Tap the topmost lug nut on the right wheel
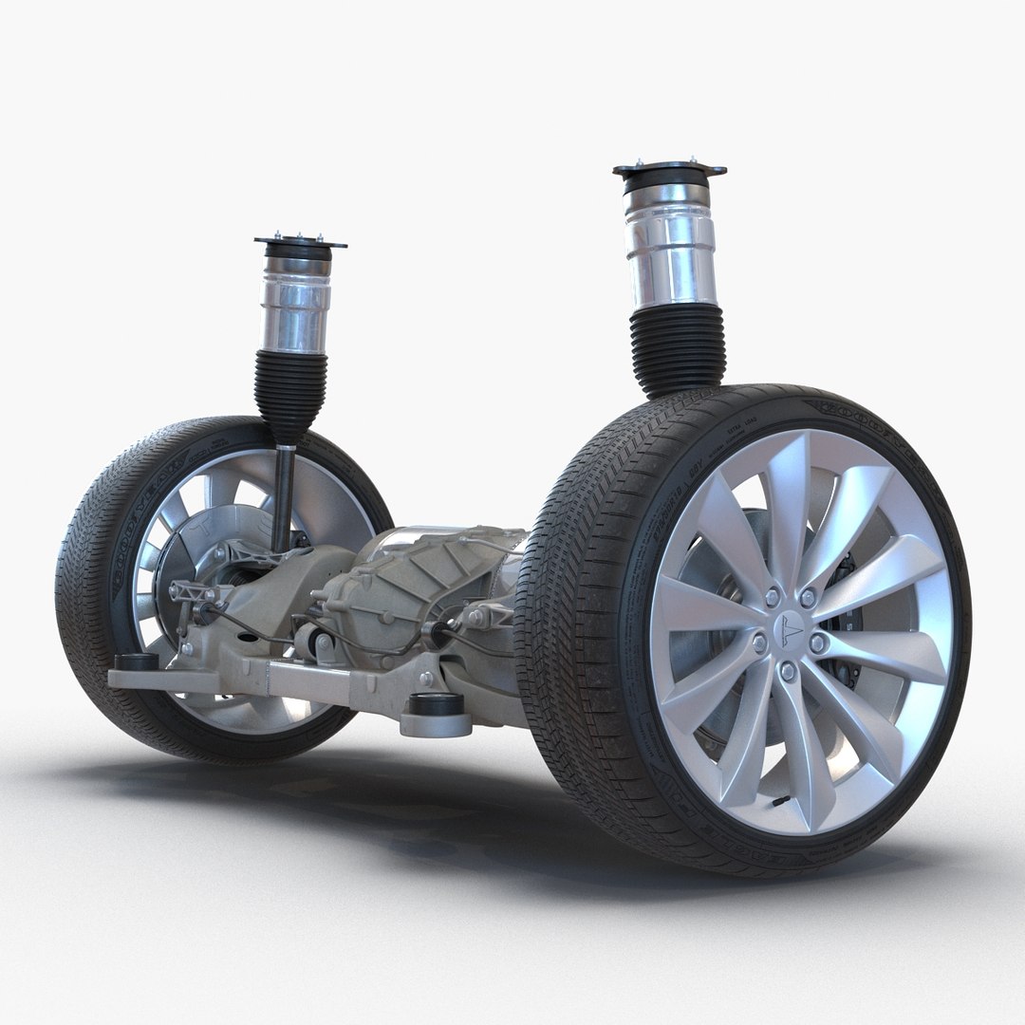pyautogui.click(x=809, y=597)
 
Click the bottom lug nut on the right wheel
pyautogui.click(x=787, y=671)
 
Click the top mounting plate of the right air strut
pyautogui.click(x=669, y=172)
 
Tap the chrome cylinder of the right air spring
pyautogui.click(x=672, y=251)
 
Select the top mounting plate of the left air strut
pyautogui.click(x=299, y=242)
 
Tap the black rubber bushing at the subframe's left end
pyautogui.click(x=136, y=662)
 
